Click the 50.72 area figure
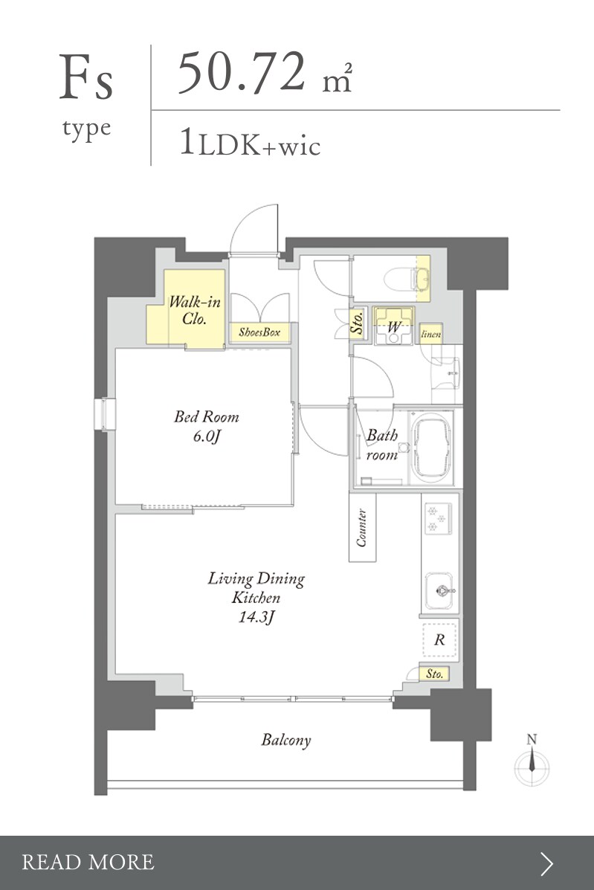(242, 72)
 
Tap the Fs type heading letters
(86, 78)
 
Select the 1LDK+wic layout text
(250, 143)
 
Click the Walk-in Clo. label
(194, 310)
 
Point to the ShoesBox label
(259, 332)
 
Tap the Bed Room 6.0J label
(206, 427)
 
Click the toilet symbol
(406, 280)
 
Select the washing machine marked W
(394, 326)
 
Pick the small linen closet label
(430, 335)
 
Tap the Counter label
(362, 528)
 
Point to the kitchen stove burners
(437, 519)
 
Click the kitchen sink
(439, 591)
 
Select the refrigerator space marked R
(439, 640)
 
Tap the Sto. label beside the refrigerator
(435, 674)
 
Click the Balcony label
(286, 741)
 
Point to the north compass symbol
(532, 761)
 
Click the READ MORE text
(88, 862)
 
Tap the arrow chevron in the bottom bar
(546, 863)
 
